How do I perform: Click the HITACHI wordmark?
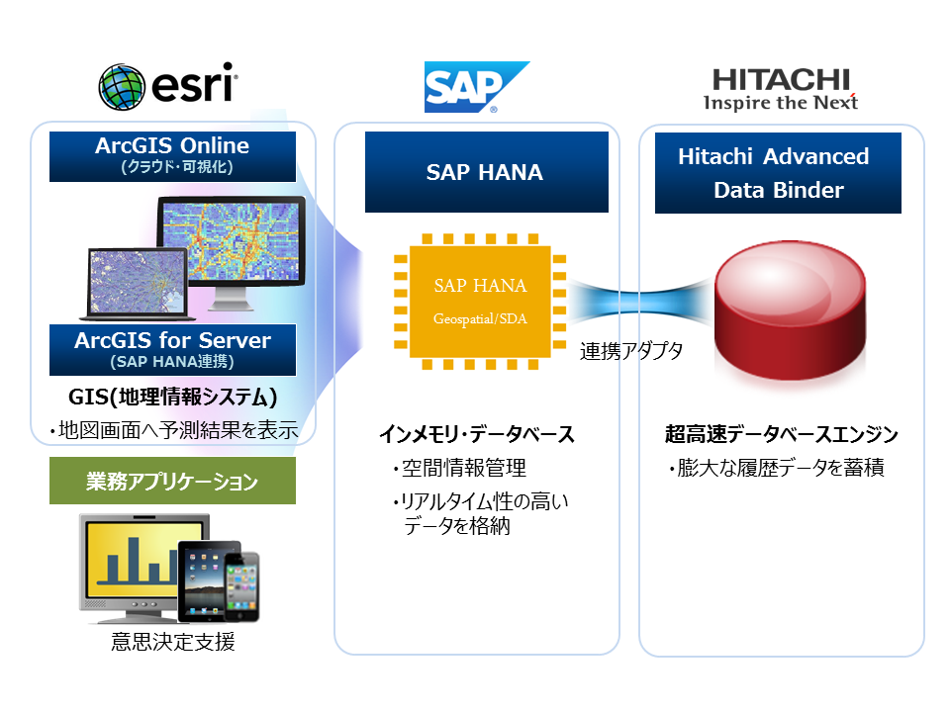point(781,78)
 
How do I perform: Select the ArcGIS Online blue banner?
point(172,156)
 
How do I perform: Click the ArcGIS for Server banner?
point(172,349)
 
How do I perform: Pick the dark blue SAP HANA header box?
point(485,172)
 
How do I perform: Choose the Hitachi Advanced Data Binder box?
point(778,173)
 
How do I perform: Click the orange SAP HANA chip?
point(480,301)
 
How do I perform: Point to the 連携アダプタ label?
point(631,351)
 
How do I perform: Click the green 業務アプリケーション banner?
point(172,482)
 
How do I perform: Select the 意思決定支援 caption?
point(173,642)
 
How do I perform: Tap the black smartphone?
point(242,587)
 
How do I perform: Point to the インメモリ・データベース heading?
point(477,434)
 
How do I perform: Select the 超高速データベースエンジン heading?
point(782,434)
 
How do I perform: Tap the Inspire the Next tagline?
point(781,102)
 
